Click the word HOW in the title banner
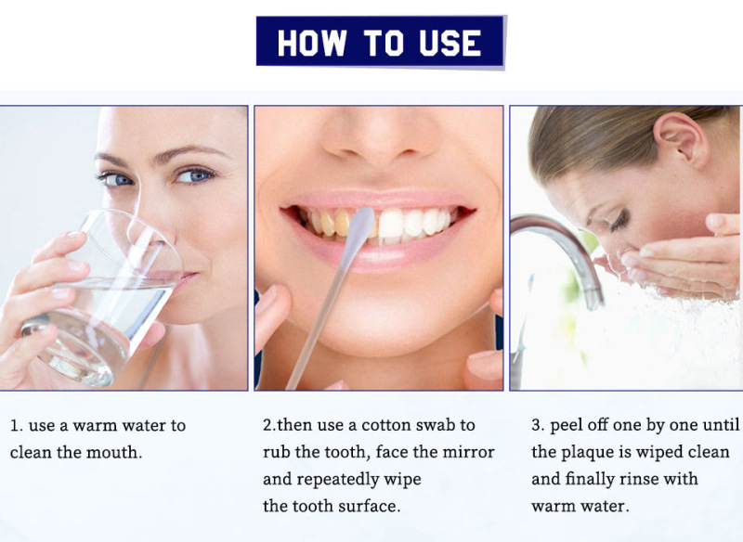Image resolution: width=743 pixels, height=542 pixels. coord(312,43)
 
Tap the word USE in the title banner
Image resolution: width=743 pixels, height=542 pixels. coord(450,43)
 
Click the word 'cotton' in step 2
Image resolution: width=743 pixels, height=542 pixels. coord(386,425)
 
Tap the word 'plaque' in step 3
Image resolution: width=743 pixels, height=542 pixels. coord(589,453)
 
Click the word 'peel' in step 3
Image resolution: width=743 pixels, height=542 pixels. coord(567,426)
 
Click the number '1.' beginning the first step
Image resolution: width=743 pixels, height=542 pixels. coord(17,425)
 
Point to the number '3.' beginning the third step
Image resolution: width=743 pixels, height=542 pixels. coord(538,425)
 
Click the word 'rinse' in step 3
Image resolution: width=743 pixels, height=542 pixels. coord(637,479)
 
